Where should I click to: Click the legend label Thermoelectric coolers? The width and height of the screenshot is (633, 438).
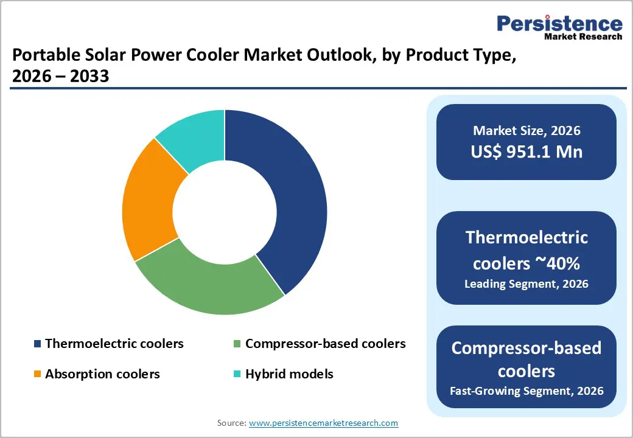(x=114, y=344)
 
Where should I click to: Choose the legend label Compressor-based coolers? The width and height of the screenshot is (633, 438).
(x=325, y=344)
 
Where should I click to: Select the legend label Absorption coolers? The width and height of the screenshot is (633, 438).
(x=102, y=374)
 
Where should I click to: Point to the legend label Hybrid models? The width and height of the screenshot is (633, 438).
(x=289, y=374)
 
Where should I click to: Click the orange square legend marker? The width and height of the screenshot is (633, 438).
(x=38, y=374)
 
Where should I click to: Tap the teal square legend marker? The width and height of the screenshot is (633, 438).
(x=238, y=374)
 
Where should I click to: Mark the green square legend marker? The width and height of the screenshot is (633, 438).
(x=238, y=344)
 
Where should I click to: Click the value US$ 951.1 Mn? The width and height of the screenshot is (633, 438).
(x=526, y=151)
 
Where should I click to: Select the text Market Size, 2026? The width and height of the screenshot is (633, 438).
(x=526, y=130)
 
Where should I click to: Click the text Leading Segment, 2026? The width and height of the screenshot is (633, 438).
(x=526, y=283)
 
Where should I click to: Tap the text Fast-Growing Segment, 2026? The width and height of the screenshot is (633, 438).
(x=526, y=391)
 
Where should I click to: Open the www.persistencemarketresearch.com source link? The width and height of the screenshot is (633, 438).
(x=323, y=423)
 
